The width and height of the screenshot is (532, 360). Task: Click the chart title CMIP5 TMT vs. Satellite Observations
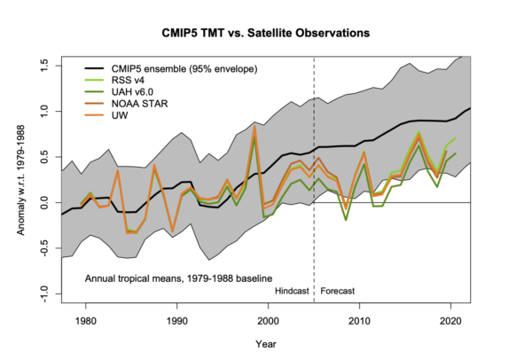click(x=266, y=33)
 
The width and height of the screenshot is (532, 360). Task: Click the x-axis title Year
click(x=265, y=342)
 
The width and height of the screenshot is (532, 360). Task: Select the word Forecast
click(x=340, y=290)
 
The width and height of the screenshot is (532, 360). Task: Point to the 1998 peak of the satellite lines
click(x=254, y=127)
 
